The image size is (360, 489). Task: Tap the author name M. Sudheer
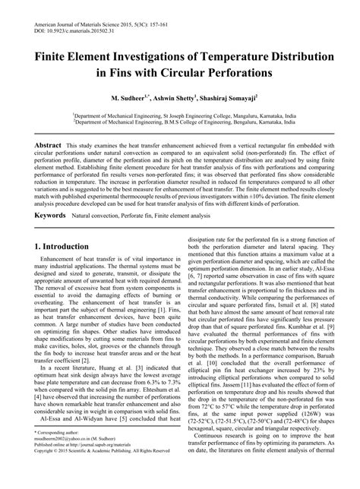130,99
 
